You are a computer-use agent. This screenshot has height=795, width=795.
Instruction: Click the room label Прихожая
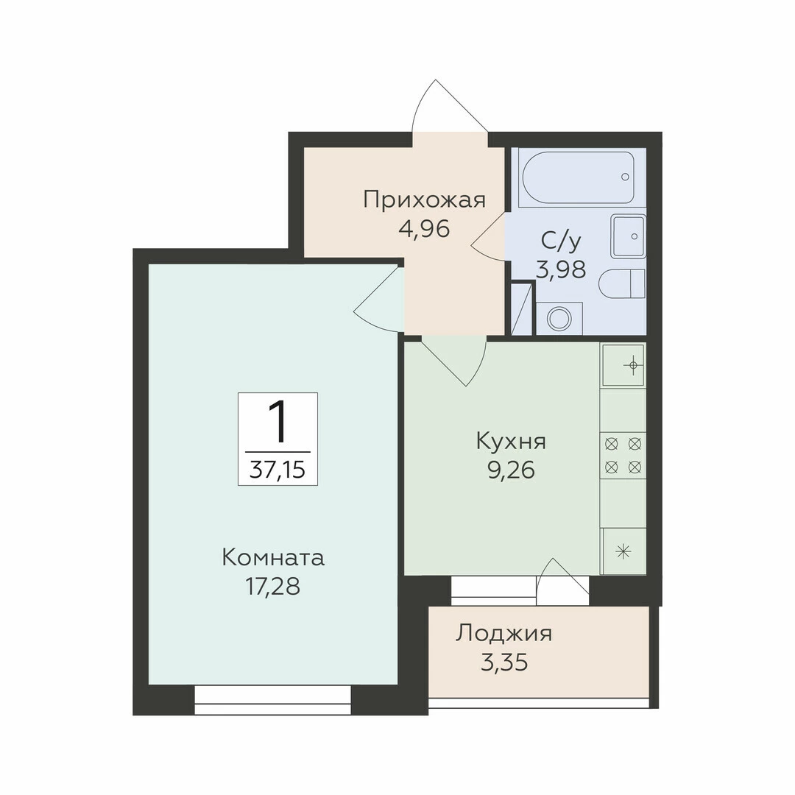pyautogui.click(x=425, y=199)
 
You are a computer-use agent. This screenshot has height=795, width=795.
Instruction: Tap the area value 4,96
pyautogui.click(x=425, y=229)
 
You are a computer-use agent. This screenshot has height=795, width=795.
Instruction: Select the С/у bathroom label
pyautogui.click(x=561, y=241)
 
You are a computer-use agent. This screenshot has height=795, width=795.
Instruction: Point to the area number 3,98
pyautogui.click(x=561, y=269)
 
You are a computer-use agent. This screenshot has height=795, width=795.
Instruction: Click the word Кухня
pyautogui.click(x=511, y=442)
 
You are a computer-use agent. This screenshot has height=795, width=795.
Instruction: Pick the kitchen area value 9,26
pyautogui.click(x=511, y=470)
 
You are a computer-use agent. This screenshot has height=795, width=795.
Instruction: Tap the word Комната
pyautogui.click(x=273, y=558)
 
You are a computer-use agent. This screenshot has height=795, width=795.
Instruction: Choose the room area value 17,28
pyautogui.click(x=273, y=587)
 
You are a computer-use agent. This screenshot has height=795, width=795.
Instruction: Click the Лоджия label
pyautogui.click(x=504, y=634)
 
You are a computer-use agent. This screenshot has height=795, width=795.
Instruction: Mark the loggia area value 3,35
pyautogui.click(x=504, y=662)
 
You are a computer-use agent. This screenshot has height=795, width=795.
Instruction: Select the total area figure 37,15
pyautogui.click(x=278, y=470)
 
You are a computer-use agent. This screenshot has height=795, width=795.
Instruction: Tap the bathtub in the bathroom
pyautogui.click(x=579, y=178)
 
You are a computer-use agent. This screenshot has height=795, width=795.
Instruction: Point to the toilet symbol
pyautogui.click(x=621, y=284)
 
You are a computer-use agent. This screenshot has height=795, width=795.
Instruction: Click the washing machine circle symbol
pyautogui.click(x=559, y=319)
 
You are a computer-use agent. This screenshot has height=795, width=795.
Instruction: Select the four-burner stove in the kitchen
pyautogui.click(x=623, y=456)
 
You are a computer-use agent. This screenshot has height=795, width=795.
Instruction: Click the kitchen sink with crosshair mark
pyautogui.click(x=623, y=365)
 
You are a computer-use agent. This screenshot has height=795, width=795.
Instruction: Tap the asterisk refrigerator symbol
pyautogui.click(x=623, y=551)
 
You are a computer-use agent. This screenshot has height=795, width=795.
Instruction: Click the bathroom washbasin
pyautogui.click(x=628, y=236)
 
